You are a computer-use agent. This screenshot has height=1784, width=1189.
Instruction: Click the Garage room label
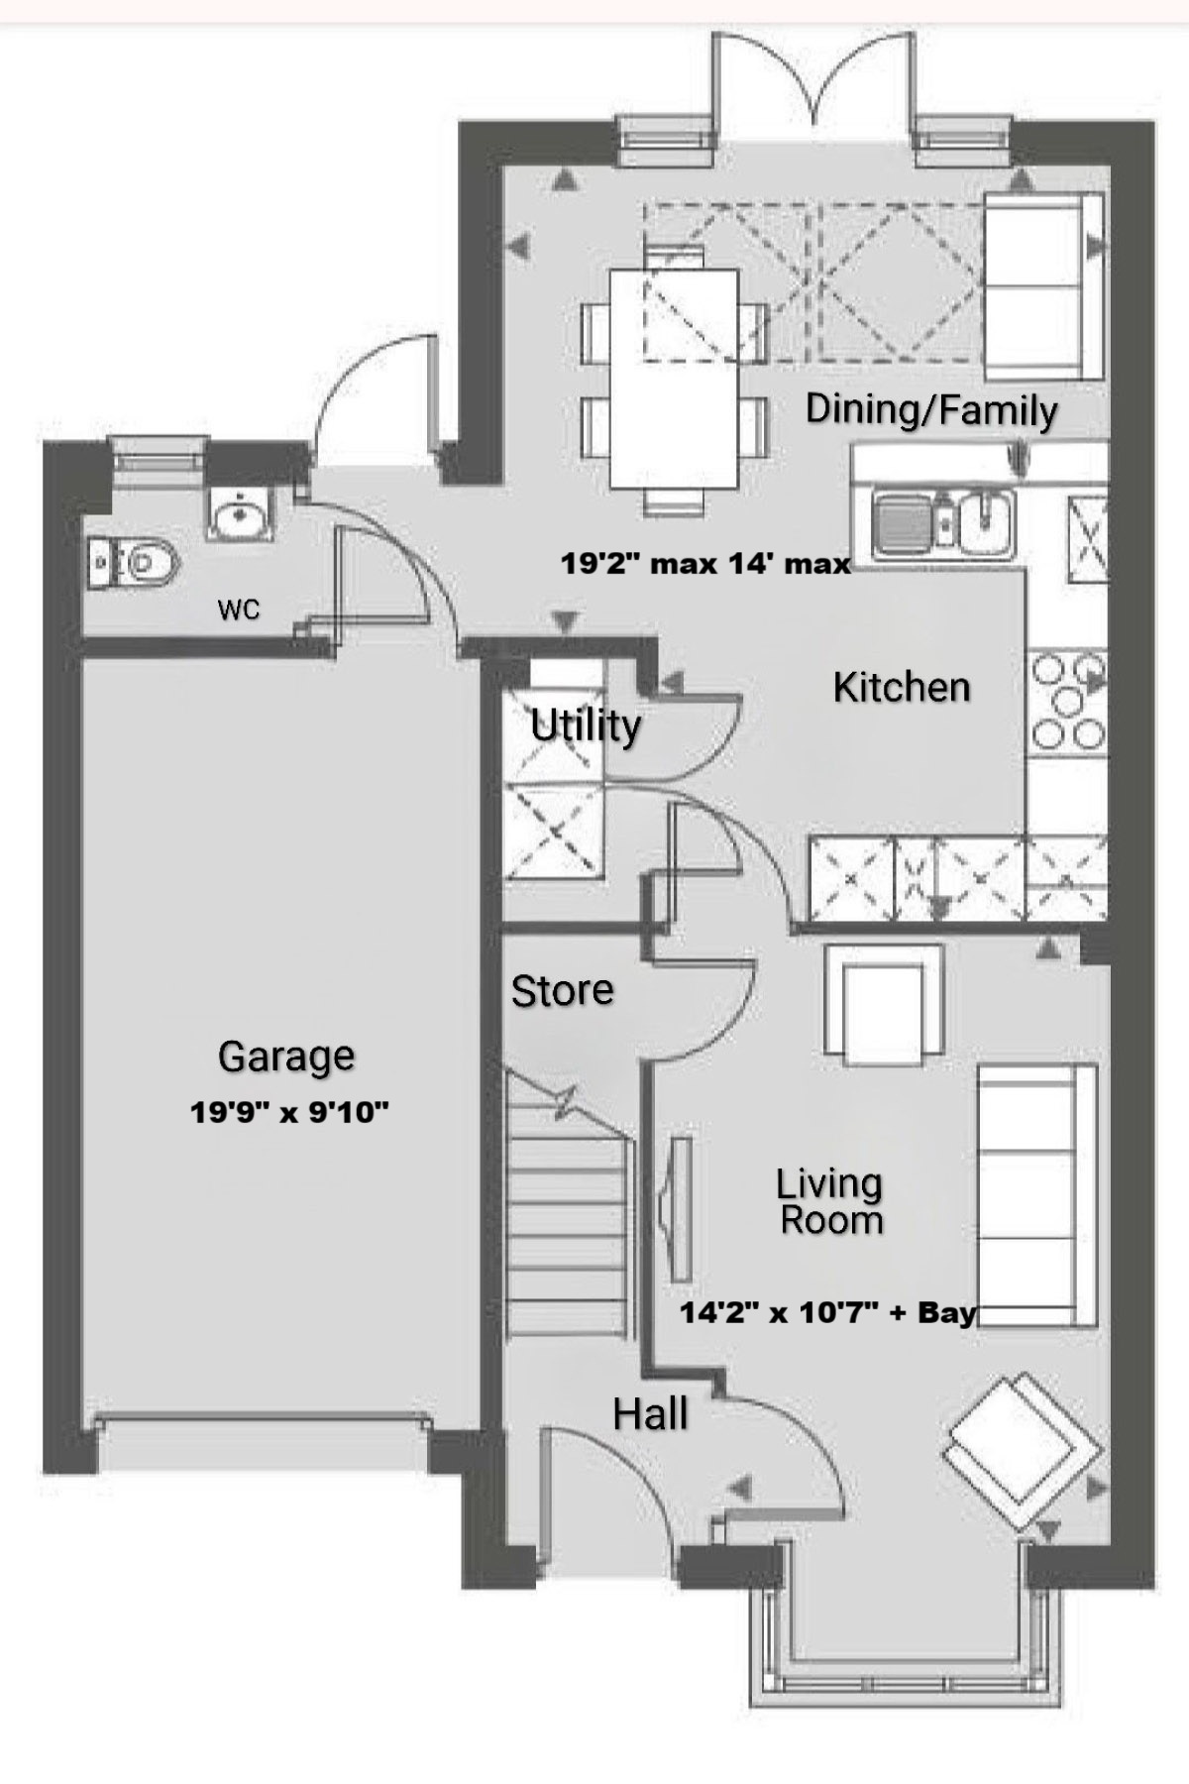pyautogui.click(x=286, y=1057)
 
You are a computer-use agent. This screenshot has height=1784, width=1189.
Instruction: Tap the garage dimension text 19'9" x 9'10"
pyautogui.click(x=289, y=1112)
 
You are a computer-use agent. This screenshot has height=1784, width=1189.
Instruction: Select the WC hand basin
pyautogui.click(x=239, y=514)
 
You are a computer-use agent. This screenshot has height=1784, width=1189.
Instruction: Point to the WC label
pyautogui.click(x=239, y=609)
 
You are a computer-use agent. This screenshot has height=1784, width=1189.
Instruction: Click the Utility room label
pyautogui.click(x=586, y=726)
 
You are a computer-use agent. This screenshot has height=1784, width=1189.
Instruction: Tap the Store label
pyautogui.click(x=562, y=990)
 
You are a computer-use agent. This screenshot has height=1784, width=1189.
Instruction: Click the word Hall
pyautogui.click(x=650, y=1414)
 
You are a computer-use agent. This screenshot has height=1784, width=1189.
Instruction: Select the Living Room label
pyautogui.click(x=830, y=1201)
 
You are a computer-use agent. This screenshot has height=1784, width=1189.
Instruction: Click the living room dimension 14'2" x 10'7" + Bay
pyautogui.click(x=828, y=1313)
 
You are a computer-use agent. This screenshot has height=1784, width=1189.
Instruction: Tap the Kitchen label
pyautogui.click(x=902, y=687)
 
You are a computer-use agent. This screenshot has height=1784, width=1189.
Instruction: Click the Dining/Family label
pyautogui.click(x=931, y=409)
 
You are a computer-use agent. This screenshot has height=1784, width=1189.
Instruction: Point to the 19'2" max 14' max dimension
pyautogui.click(x=705, y=564)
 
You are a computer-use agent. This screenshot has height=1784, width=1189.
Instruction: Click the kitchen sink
pyautogui.click(x=943, y=522)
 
